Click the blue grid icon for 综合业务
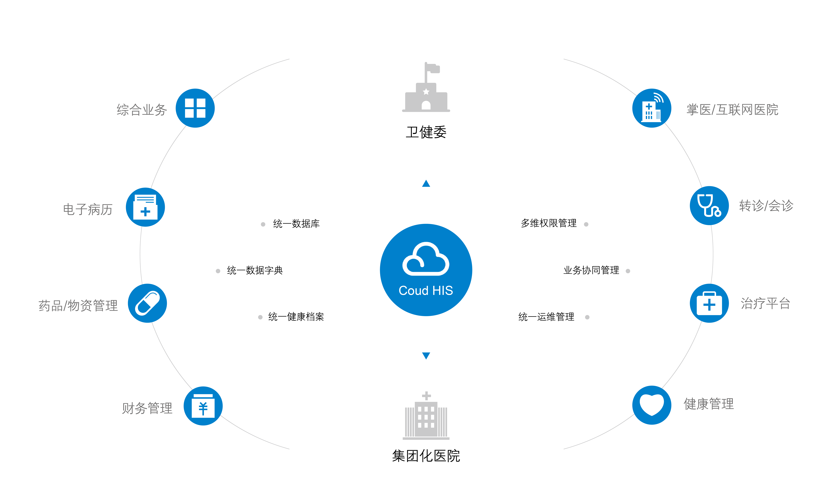(x=195, y=108)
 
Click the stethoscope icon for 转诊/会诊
(x=709, y=205)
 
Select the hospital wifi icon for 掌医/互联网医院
(x=652, y=108)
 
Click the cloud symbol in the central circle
(x=426, y=259)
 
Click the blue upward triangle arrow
(x=426, y=183)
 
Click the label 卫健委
(x=426, y=132)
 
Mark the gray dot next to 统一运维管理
(x=587, y=317)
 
